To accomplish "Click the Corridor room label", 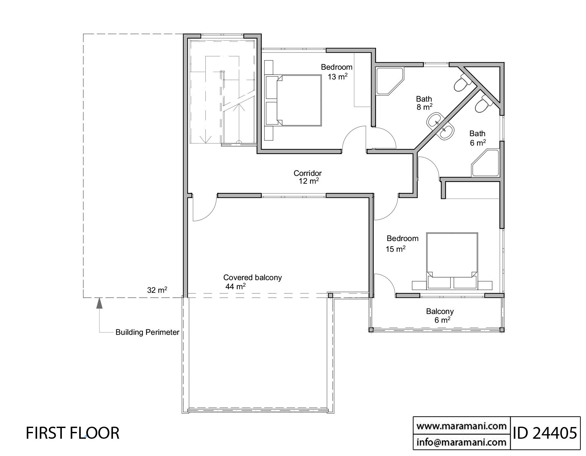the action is (x=308, y=173).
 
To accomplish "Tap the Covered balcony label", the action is (x=252, y=278).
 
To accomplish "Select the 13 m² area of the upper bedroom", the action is (x=338, y=77).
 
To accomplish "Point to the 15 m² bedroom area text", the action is (x=396, y=249).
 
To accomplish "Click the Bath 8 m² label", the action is (x=424, y=103).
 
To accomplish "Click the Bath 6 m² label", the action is (x=478, y=138).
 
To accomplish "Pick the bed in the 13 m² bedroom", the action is (x=293, y=100).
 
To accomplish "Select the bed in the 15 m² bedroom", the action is (x=452, y=261).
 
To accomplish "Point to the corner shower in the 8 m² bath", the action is (x=390, y=81).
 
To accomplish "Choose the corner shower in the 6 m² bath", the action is (x=485, y=163).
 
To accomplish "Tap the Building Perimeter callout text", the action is (x=147, y=332).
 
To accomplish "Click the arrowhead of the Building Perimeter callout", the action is (x=100, y=303).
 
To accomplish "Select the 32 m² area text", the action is (x=157, y=290).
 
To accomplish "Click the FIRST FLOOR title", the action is (x=73, y=433).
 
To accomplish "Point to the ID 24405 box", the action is (x=545, y=433).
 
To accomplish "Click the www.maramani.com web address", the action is (x=462, y=426).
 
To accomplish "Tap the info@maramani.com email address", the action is (x=462, y=442).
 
